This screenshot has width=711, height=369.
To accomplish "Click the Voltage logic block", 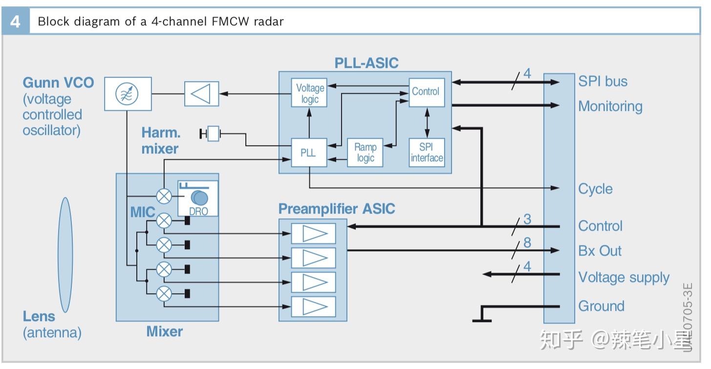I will pyautogui.click(x=310, y=93).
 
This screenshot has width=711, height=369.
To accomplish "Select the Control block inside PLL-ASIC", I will pyautogui.click(x=426, y=92).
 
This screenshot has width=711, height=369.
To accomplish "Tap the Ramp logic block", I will pyautogui.click(x=365, y=152).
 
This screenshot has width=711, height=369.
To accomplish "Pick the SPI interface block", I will pyautogui.click(x=427, y=152).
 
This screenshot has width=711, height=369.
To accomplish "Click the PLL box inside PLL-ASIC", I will pyautogui.click(x=308, y=152).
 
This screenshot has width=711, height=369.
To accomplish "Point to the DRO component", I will pyautogui.click(x=198, y=198).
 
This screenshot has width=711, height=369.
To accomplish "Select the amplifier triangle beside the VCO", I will pyautogui.click(x=201, y=93).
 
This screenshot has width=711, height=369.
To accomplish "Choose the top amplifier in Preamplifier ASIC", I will pyautogui.click(x=313, y=233).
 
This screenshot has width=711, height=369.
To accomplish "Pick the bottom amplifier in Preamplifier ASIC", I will pyautogui.click(x=313, y=306).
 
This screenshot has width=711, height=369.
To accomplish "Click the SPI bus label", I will pyautogui.click(x=603, y=81).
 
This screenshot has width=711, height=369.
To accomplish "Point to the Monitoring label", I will pyautogui.click(x=610, y=106).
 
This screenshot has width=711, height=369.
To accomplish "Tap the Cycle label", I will pyautogui.click(x=595, y=189).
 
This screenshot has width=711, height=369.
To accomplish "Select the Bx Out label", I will pyautogui.click(x=600, y=251).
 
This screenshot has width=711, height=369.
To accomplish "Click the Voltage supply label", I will pyautogui.click(x=624, y=277).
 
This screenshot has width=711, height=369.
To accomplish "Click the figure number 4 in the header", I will pyautogui.click(x=15, y=22).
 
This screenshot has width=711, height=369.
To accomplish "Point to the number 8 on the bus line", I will pyautogui.click(x=527, y=242).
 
